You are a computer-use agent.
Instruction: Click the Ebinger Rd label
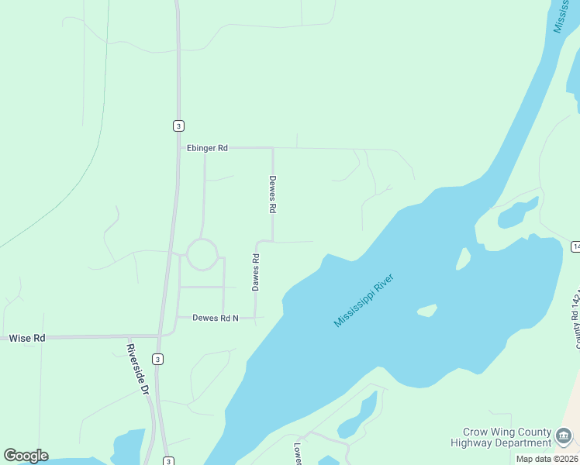[x=206, y=147]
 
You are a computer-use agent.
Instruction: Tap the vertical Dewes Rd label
[x=272, y=194]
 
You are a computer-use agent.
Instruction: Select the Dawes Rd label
[x=255, y=272]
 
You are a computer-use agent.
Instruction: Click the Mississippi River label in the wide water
[x=364, y=300]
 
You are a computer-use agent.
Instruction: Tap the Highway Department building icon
[x=564, y=439]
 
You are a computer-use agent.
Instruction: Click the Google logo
[x=26, y=456]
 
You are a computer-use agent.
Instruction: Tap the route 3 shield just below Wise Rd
[x=157, y=359]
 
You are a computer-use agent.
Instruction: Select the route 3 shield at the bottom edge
[x=168, y=461]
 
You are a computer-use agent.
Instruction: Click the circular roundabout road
[x=202, y=254]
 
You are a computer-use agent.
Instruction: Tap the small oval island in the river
[x=426, y=311]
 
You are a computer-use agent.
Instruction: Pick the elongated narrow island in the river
[x=463, y=258]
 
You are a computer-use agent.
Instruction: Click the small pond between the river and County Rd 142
[x=516, y=214]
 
